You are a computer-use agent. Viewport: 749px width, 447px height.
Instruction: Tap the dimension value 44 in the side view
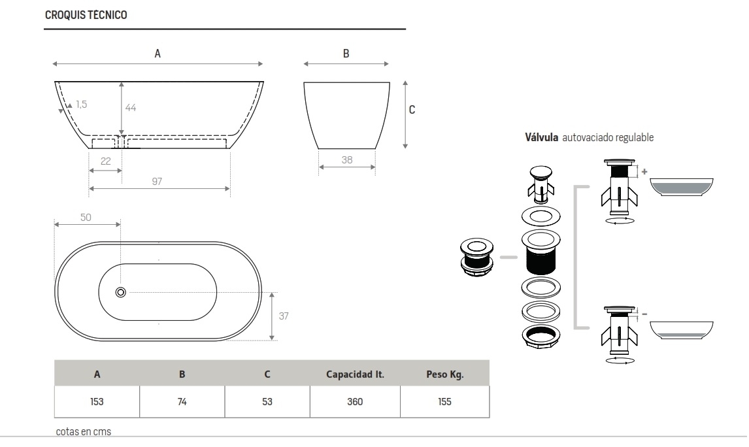(131, 108)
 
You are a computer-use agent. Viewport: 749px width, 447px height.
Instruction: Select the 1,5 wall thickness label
(81, 104)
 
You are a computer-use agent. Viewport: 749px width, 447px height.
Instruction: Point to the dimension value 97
(157, 181)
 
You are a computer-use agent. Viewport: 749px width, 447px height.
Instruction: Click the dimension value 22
(105, 161)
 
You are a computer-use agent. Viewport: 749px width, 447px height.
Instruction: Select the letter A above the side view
(158, 54)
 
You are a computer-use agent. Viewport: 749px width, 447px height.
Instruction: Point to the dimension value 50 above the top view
(86, 216)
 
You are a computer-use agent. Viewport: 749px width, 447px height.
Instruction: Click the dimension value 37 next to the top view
(284, 316)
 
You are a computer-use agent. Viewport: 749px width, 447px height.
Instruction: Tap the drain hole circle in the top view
(120, 292)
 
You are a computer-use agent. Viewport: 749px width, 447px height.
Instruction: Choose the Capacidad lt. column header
(355, 374)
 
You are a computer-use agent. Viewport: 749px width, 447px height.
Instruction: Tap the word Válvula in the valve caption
(542, 138)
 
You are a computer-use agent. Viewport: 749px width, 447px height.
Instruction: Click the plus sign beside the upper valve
(644, 171)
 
